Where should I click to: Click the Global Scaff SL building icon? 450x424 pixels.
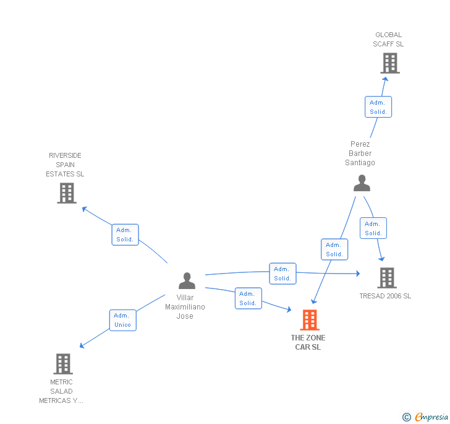tap(389, 63)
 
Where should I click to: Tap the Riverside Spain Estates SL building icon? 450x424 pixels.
tap(66, 193)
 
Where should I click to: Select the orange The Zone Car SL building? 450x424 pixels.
tap(309, 319)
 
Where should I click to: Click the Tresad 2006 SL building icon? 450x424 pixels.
tap(386, 278)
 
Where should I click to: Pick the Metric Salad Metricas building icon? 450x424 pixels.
tap(63, 363)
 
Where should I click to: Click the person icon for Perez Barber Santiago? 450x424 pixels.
tap(362, 183)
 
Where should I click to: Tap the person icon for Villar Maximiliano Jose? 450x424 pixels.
tap(187, 281)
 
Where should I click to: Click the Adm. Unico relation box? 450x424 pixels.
tap(122, 320)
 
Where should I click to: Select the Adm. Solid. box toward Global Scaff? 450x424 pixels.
tap(378, 107)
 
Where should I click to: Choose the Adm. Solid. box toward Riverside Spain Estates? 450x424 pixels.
tap(125, 235)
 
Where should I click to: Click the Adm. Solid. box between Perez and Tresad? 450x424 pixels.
tap(373, 228)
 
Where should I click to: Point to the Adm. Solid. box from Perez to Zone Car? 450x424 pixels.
tap(334, 249)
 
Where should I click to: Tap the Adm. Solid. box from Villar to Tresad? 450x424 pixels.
tap(282, 274)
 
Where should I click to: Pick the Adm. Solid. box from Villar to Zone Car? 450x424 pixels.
tap(248, 298)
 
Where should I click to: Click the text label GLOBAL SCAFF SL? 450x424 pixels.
tap(388, 40)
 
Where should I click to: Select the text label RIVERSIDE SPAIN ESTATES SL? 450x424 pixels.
tap(65, 165)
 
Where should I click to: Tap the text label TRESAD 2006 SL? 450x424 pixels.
tap(385, 296)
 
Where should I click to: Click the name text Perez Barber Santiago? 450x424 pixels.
tap(360, 154)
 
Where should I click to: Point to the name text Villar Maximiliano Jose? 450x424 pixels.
tap(185, 307)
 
